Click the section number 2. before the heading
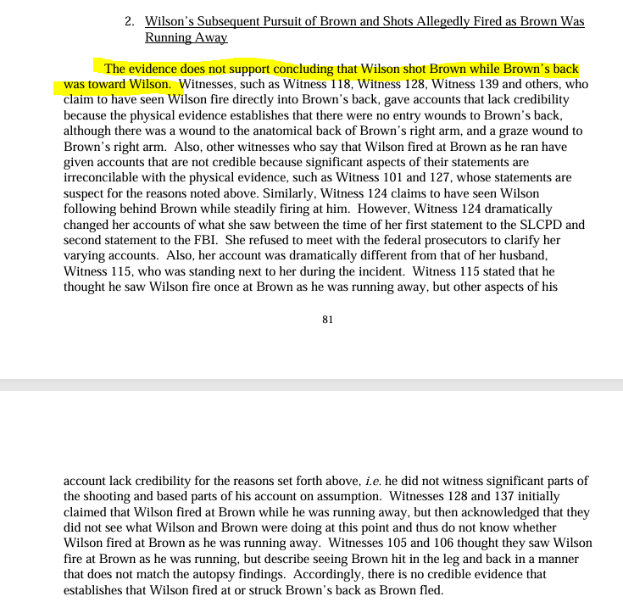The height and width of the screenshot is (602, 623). pos(131,21)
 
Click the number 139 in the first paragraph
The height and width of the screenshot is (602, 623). pos(493,85)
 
